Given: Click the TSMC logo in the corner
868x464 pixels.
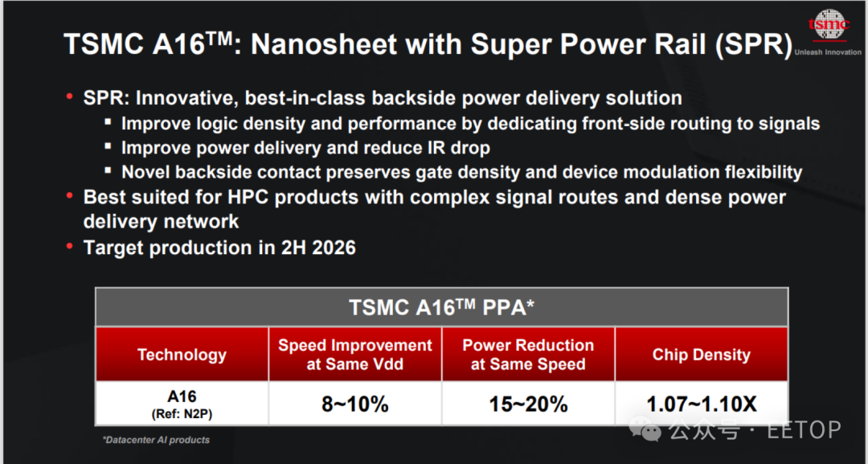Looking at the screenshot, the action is [829, 25].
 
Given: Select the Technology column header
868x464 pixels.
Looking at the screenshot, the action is [182, 355].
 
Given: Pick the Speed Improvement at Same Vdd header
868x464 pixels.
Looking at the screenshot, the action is [355, 355].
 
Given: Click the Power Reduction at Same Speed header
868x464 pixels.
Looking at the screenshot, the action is [528, 355].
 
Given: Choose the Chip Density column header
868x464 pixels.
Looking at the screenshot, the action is [702, 355].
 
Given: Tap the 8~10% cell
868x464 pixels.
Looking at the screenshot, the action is [355, 404].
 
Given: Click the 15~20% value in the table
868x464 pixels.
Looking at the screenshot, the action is [528, 404].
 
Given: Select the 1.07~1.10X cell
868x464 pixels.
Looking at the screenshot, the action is [702, 404].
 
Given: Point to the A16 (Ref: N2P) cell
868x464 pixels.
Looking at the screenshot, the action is [182, 404].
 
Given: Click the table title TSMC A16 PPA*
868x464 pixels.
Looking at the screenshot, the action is [441, 307].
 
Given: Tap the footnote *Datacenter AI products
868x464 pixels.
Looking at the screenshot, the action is [156, 440].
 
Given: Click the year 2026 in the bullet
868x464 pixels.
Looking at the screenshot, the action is [334, 248].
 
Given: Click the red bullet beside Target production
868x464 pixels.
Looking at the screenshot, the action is [70, 245].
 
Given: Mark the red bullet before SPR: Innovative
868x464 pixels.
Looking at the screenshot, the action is [70, 96].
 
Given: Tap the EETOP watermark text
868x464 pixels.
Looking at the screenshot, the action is [804, 429].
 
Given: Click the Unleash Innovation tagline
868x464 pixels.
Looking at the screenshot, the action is [828, 52].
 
